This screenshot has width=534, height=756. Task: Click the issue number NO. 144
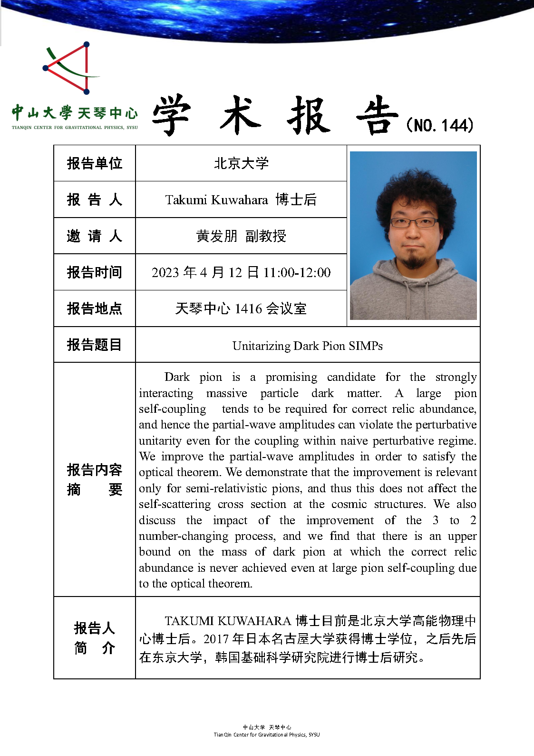click(440, 125)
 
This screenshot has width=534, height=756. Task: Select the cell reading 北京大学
click(241, 163)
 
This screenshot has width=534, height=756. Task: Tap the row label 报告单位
click(95, 163)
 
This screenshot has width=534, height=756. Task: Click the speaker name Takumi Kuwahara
click(216, 200)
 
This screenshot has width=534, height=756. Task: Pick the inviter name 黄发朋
click(216, 236)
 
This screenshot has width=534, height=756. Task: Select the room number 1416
click(248, 308)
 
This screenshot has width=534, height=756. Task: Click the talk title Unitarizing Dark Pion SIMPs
click(307, 346)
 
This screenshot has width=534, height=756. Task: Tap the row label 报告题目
click(95, 345)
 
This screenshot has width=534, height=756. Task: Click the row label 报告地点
click(95, 308)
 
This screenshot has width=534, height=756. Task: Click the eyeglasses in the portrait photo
click(413, 222)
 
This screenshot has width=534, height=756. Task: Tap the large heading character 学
click(172, 115)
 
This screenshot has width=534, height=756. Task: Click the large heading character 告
click(377, 115)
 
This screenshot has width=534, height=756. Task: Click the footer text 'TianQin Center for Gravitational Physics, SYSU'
click(267, 735)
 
